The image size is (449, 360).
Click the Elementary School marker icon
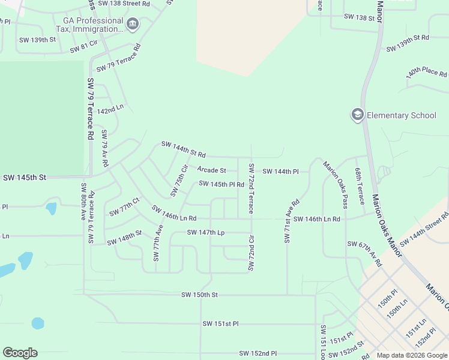click(x=358, y=115)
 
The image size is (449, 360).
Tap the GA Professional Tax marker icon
click(x=133, y=25)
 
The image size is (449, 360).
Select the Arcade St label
click(x=211, y=171)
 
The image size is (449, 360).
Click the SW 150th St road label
click(x=199, y=295)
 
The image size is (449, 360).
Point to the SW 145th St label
click(x=25, y=178)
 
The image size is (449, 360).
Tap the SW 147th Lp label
click(x=205, y=232)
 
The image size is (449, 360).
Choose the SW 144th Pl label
click(x=280, y=172)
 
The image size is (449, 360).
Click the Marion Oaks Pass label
click(x=336, y=185)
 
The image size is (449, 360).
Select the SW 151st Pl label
click(x=220, y=323)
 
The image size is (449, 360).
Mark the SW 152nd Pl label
click(x=258, y=353)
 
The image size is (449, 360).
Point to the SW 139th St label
click(x=37, y=40)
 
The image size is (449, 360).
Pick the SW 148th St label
click(x=124, y=238)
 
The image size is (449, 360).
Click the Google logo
click(x=20, y=353)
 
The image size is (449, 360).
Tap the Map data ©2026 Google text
click(x=411, y=355)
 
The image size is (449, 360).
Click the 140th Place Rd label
click(x=426, y=73)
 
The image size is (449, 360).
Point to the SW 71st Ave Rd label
click(x=291, y=221)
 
